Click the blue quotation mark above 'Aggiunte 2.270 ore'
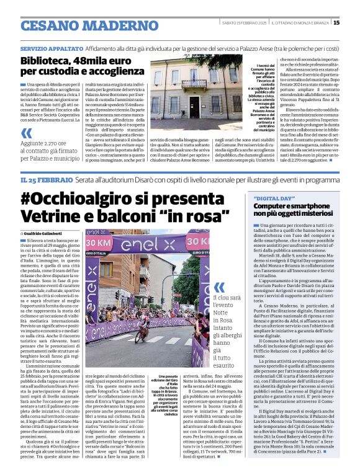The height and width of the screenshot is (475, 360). [26, 133]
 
